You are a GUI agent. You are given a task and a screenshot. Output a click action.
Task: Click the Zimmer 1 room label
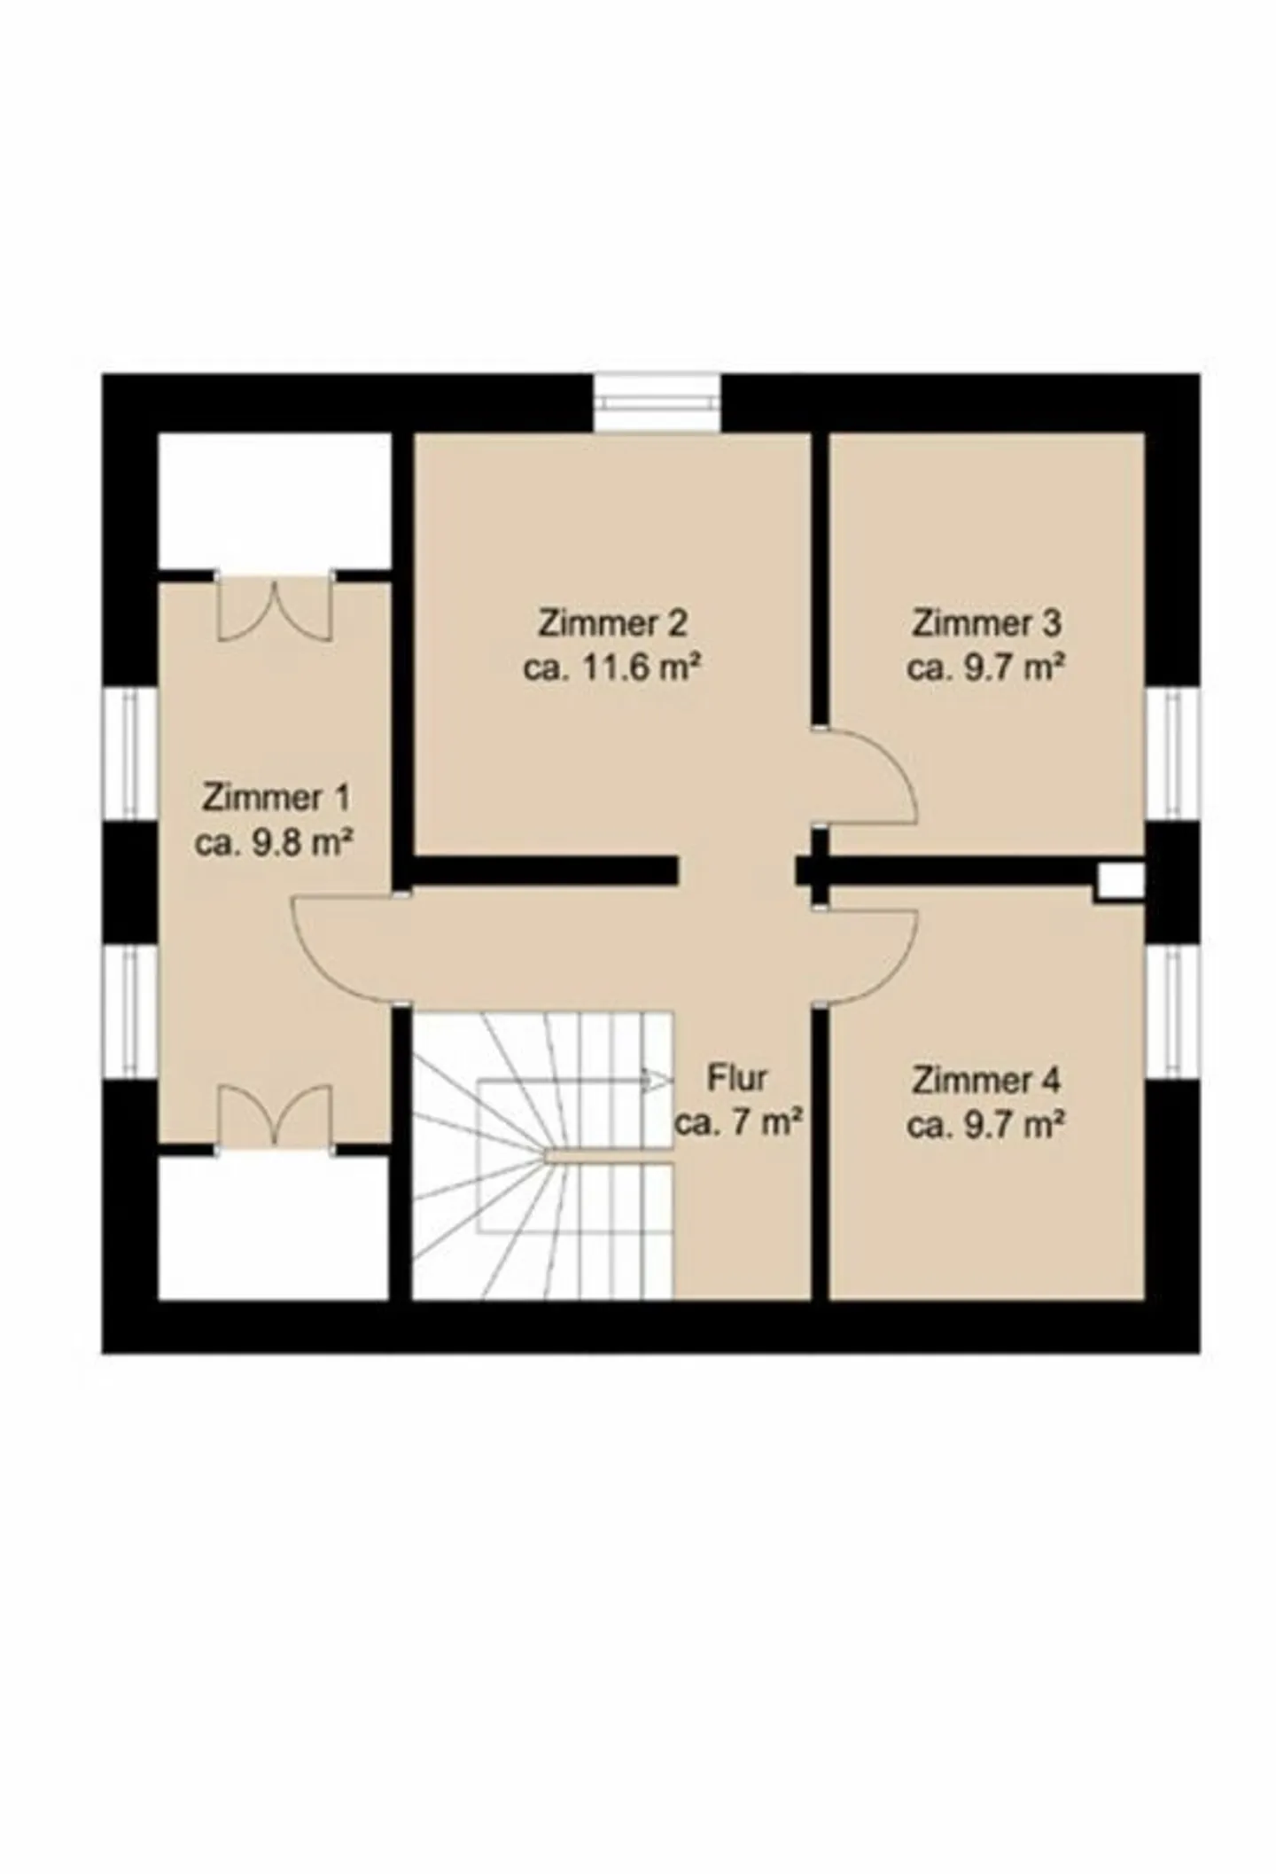coord(276,797)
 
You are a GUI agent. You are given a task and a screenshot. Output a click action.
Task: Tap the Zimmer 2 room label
coord(612,622)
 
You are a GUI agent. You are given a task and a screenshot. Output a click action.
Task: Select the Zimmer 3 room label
coord(985,622)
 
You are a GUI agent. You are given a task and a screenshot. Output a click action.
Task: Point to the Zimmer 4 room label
coord(985,1081)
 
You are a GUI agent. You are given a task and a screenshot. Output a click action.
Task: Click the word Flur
coord(737,1078)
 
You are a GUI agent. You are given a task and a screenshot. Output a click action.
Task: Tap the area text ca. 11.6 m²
coord(612,667)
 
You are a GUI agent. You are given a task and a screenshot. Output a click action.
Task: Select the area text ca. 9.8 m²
coord(275,842)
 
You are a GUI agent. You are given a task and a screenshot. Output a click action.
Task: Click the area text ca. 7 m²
coord(738,1123)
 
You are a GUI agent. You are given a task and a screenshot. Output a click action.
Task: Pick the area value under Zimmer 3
coord(985,667)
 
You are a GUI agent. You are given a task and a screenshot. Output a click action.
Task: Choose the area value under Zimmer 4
coord(985,1125)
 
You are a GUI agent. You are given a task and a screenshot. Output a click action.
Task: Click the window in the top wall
coord(657,403)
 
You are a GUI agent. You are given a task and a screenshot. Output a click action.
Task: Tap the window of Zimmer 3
coord(1172,755)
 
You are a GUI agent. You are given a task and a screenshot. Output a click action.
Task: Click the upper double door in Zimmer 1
coord(275,609)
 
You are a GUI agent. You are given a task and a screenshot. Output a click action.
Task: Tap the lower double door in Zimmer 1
coord(275,1115)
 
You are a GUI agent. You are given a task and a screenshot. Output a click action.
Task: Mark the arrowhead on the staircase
coord(657,1080)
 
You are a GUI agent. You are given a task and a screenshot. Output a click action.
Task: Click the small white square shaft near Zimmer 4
coord(1121,882)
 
